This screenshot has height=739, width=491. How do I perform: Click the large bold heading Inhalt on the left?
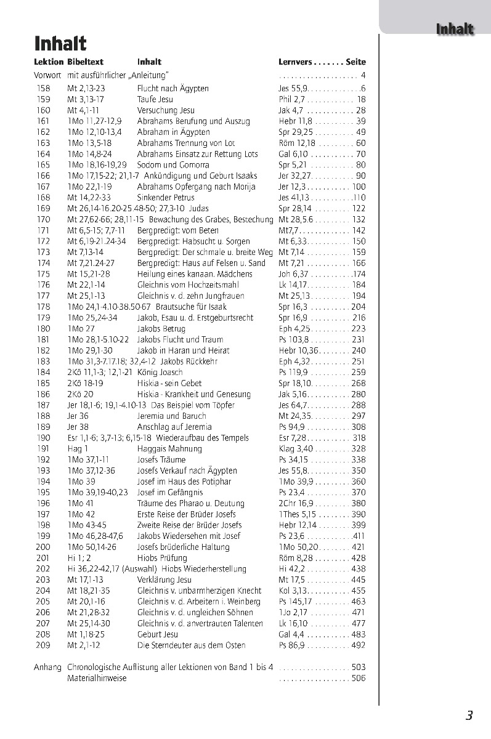tap(60, 44)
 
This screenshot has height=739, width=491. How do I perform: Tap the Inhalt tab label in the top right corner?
tap(454, 29)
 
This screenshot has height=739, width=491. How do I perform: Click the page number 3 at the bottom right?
tap(469, 715)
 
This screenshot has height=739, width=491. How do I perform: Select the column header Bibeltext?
tap(85, 62)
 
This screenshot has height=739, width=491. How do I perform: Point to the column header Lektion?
tap(49, 62)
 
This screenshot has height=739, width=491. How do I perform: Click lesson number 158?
tap(43, 89)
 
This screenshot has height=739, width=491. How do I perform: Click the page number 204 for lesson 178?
tap(358, 307)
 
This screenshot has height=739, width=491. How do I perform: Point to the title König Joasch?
tap(160, 373)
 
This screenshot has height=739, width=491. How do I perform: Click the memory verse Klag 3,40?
tap(295, 449)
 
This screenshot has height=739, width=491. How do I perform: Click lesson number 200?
tap(43, 547)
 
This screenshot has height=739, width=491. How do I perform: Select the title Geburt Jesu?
tap(157, 634)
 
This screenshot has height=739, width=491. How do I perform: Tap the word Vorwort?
tap(47, 76)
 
